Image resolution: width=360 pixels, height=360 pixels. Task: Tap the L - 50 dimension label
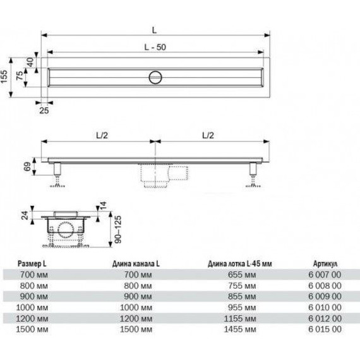(x=155, y=47)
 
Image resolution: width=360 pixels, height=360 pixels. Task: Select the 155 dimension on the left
(x=4, y=76)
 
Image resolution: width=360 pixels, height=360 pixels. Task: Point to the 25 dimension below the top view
(x=44, y=111)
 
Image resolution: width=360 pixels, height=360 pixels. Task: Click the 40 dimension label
(x=30, y=62)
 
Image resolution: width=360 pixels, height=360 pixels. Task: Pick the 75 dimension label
(x=20, y=76)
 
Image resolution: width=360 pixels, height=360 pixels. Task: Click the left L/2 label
(x=102, y=135)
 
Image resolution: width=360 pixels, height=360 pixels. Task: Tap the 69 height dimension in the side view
(x=27, y=167)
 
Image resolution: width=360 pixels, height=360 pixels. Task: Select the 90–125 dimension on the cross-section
(x=117, y=229)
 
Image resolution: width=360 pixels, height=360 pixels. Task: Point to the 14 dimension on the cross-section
(x=103, y=205)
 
